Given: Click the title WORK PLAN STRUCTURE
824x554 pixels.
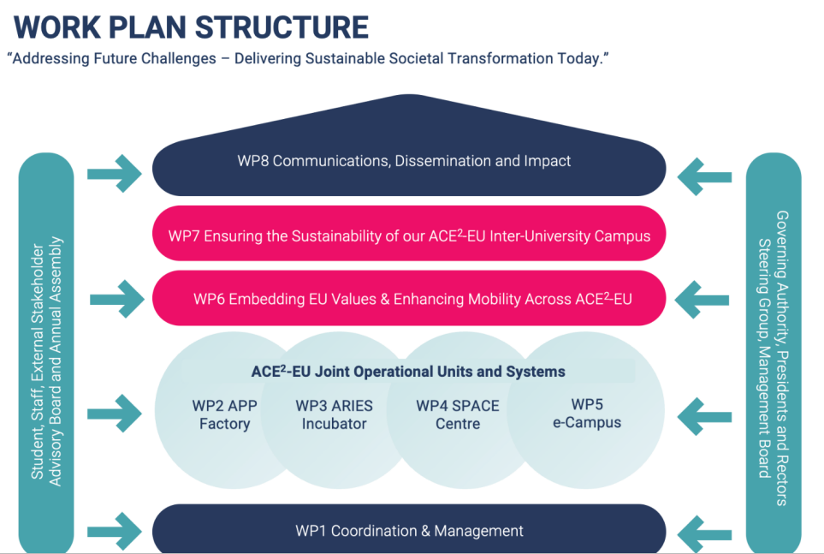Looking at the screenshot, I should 192,27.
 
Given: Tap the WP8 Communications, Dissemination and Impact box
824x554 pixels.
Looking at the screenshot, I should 404,161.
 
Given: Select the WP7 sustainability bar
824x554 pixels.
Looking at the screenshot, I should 409,235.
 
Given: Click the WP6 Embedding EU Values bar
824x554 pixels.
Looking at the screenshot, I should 409,299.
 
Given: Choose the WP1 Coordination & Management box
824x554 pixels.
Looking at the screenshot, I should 409,531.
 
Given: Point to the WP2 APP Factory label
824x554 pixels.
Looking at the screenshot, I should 225,414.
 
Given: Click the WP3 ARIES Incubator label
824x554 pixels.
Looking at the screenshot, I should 334,414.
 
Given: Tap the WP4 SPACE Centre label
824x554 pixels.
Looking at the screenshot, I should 458,414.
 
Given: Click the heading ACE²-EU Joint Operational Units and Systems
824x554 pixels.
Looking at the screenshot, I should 408,372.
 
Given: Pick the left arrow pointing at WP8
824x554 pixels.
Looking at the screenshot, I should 115,173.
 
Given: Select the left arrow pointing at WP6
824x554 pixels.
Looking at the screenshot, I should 117,299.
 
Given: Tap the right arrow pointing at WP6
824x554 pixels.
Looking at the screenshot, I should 702,301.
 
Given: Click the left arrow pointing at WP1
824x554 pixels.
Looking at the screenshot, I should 115,530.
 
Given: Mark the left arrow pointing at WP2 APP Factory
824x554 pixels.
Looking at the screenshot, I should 115,414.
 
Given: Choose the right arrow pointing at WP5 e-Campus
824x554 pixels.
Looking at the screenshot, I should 703,419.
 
